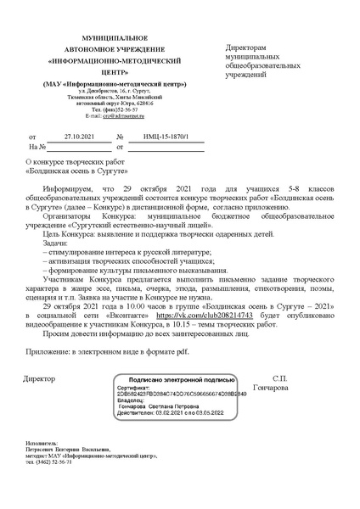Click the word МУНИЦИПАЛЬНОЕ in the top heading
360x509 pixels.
point(113,40)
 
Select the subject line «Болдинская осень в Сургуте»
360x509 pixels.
point(74,170)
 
